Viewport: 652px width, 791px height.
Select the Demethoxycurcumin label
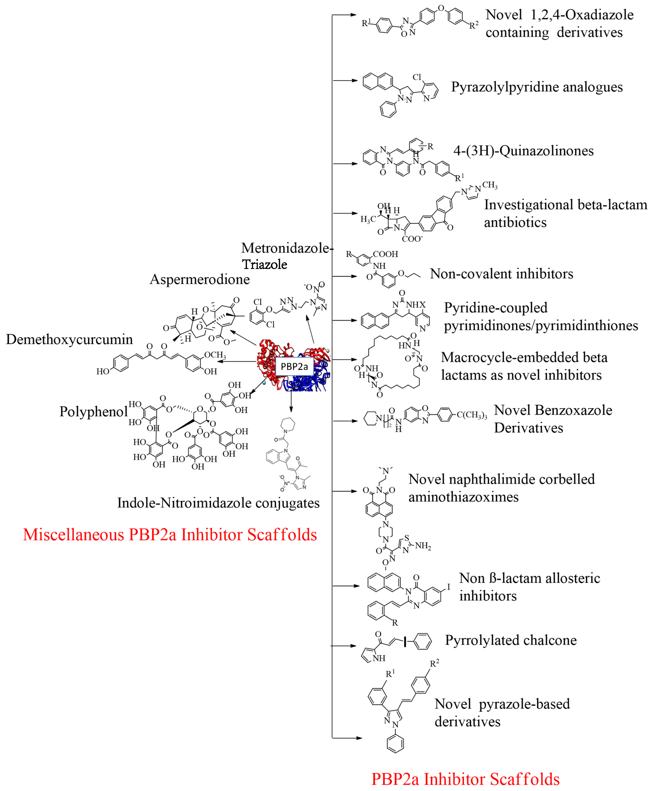click(x=70, y=339)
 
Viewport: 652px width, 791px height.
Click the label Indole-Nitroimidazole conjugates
click(x=218, y=503)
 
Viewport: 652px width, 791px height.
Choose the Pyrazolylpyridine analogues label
click(x=537, y=87)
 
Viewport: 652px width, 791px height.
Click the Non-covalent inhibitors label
click(x=501, y=274)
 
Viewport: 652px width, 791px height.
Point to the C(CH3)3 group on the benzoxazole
click(x=472, y=415)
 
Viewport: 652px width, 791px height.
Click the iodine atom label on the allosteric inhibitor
click(x=448, y=587)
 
